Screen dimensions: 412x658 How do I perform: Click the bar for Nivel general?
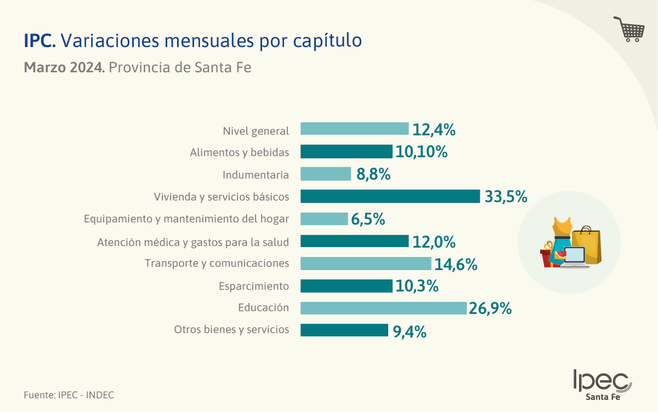coord(354,129)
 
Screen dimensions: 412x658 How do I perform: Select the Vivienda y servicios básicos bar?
coord(390,196)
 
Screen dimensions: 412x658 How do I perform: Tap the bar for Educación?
coord(383,308)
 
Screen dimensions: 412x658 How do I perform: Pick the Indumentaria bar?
coord(326,174)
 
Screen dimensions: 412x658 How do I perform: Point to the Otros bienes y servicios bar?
coord(344,330)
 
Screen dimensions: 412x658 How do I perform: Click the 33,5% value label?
coord(506,197)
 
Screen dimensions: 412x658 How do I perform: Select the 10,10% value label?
coord(421,152)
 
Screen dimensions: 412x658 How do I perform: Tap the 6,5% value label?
coord(368,219)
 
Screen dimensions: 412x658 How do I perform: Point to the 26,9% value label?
coord(490,308)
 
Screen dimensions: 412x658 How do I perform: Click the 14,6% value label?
coord(456,264)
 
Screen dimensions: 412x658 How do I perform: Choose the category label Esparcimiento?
coord(253,286)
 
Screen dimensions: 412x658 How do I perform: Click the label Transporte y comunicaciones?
coord(217,264)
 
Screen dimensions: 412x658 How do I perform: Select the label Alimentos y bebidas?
coord(239,152)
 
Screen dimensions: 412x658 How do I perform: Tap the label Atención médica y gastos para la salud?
coord(193,242)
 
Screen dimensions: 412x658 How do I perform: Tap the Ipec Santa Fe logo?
coord(602,385)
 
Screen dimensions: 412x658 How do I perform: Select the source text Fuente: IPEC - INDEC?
coord(69,394)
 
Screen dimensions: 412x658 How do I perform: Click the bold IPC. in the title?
coord(39,41)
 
